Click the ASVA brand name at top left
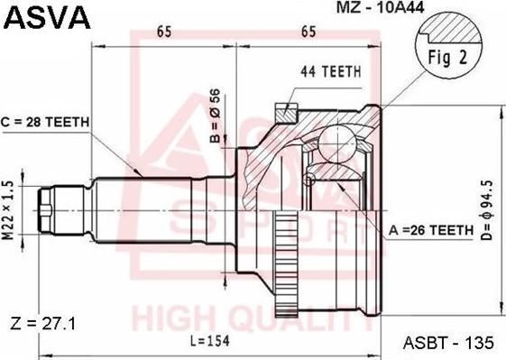[47, 17]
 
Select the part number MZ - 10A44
[380, 7]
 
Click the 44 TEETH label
[331, 71]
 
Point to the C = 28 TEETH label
[45, 122]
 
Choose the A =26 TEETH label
[431, 230]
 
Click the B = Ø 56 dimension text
[216, 115]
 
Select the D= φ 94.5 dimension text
[488, 210]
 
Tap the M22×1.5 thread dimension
[9, 210]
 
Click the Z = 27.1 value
[43, 323]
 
